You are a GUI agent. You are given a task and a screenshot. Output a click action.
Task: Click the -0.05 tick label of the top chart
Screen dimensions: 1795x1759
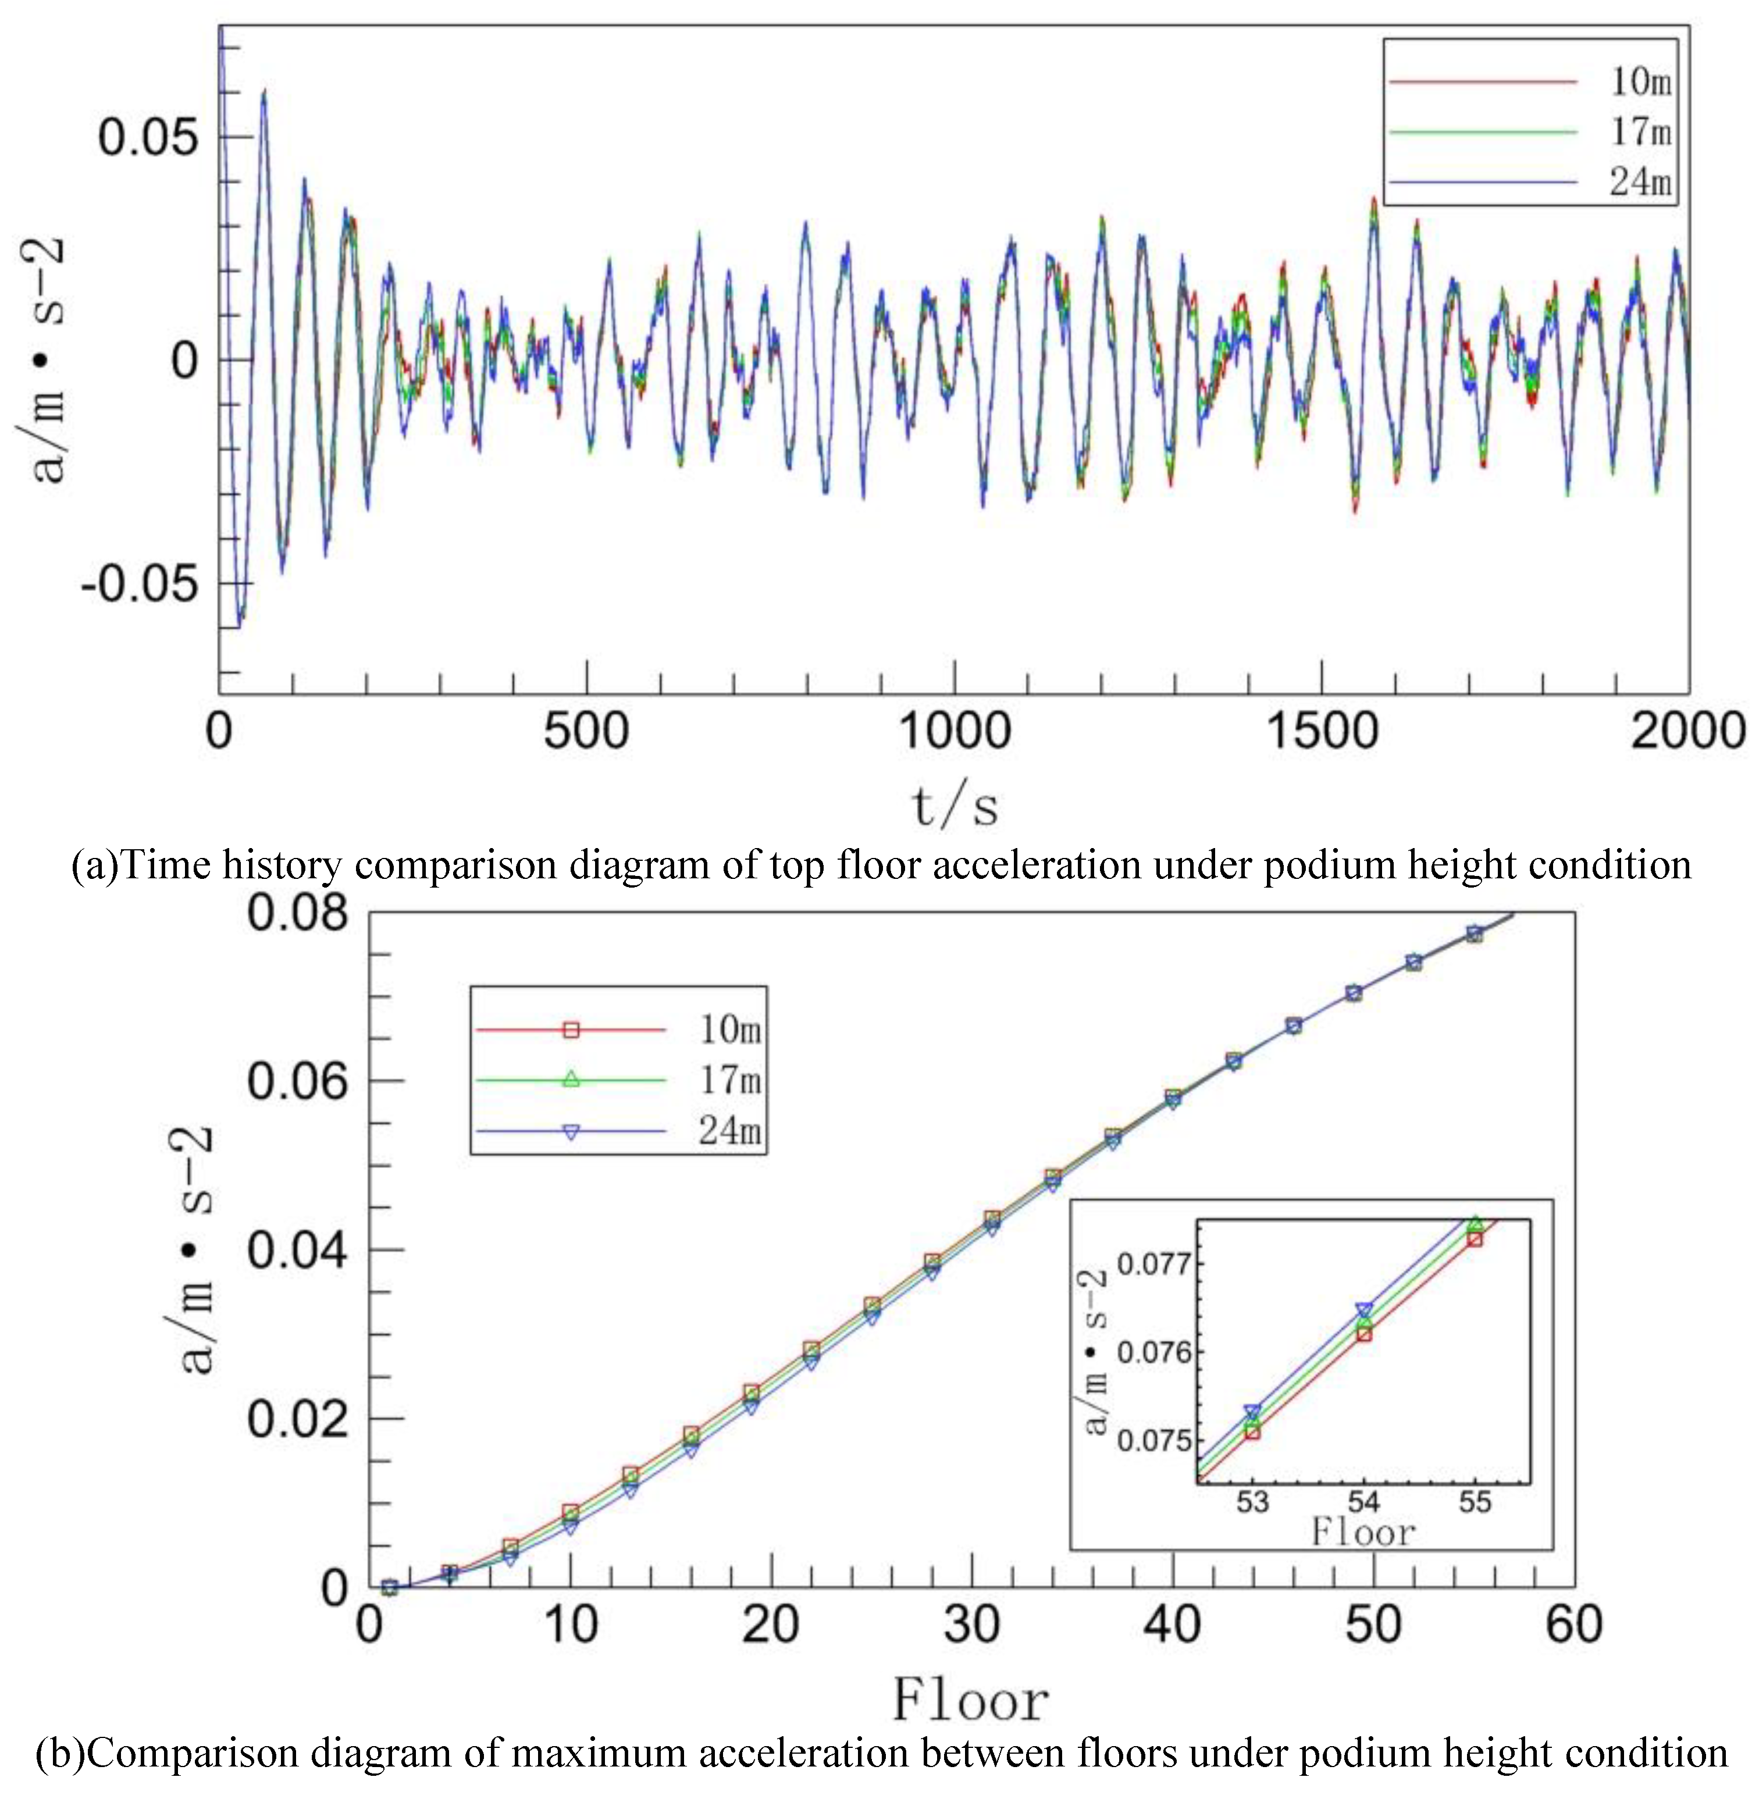tap(140, 584)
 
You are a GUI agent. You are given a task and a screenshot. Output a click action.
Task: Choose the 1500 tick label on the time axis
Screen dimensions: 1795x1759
tap(1322, 732)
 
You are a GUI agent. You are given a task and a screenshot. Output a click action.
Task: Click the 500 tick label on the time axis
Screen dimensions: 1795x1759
tap(587, 732)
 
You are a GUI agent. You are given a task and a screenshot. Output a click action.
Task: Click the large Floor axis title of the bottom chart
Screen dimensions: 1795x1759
tap(971, 1699)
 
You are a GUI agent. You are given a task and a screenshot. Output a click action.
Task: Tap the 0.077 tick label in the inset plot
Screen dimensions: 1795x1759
tap(1154, 1263)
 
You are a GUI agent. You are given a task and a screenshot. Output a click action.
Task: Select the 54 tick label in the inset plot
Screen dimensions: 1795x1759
tap(1363, 1502)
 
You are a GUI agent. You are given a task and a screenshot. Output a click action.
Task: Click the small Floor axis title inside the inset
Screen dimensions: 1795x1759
tap(1363, 1534)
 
